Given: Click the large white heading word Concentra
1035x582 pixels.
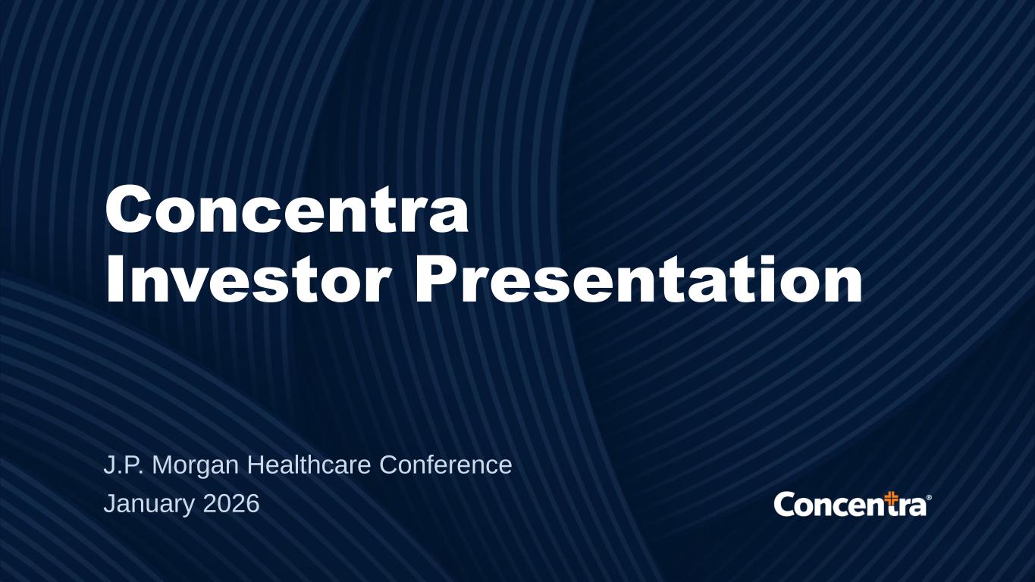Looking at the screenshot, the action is tap(287, 209).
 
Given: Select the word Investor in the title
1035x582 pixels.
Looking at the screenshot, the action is tap(248, 280).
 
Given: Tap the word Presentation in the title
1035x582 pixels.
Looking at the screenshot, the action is tap(638, 280).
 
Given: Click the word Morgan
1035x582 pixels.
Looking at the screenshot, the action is tap(196, 465).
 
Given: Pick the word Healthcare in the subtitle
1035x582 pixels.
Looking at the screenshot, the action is tap(309, 465).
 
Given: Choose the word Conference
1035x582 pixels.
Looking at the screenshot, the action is tap(445, 465).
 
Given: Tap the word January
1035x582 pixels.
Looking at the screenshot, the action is tap(149, 505).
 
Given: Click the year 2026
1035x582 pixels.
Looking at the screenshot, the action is tap(231, 503).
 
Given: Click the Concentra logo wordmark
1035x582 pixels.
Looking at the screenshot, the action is tap(850, 504).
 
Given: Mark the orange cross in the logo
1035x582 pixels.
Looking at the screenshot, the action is tap(891, 499).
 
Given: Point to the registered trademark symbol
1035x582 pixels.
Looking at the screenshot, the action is tap(929, 498).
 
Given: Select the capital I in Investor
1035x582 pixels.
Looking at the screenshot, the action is tap(114, 280).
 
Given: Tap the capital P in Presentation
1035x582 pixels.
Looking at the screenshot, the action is tap(437, 280).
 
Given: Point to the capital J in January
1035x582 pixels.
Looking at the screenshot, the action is tap(109, 504).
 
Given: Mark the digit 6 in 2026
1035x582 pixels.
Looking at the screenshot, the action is tap(252, 504).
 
